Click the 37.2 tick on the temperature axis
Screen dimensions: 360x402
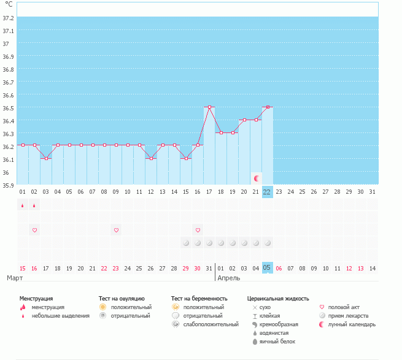pyautogui.click(x=9, y=18)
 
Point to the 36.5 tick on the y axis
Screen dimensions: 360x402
pyautogui.click(x=9, y=107)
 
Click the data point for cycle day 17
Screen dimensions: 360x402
pyautogui.click(x=209, y=107)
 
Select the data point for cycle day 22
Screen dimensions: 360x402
pyautogui.click(x=268, y=107)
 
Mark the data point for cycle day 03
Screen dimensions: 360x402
pyautogui.click(x=46, y=158)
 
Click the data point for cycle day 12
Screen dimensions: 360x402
pyautogui.click(x=151, y=158)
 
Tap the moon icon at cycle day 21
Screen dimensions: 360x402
pyautogui.click(x=257, y=178)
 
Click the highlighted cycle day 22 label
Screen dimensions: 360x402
pyautogui.click(x=268, y=191)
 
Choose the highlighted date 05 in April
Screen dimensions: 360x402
pyautogui.click(x=268, y=268)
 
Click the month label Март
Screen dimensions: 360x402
pyautogui.click(x=16, y=278)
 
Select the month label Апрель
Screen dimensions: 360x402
pyautogui.click(x=229, y=278)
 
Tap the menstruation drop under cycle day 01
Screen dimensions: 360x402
pyautogui.click(x=23, y=205)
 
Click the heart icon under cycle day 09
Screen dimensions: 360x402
pyautogui.click(x=116, y=230)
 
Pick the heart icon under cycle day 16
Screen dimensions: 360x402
pyautogui.click(x=198, y=230)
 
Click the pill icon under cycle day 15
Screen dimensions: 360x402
pyautogui.click(x=186, y=243)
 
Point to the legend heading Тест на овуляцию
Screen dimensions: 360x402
pyautogui.click(x=122, y=298)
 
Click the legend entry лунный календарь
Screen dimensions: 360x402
pyautogui.click(x=352, y=324)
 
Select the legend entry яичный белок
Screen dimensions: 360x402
pyautogui.click(x=278, y=342)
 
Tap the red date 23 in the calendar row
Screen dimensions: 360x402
pyautogui.click(x=116, y=268)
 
